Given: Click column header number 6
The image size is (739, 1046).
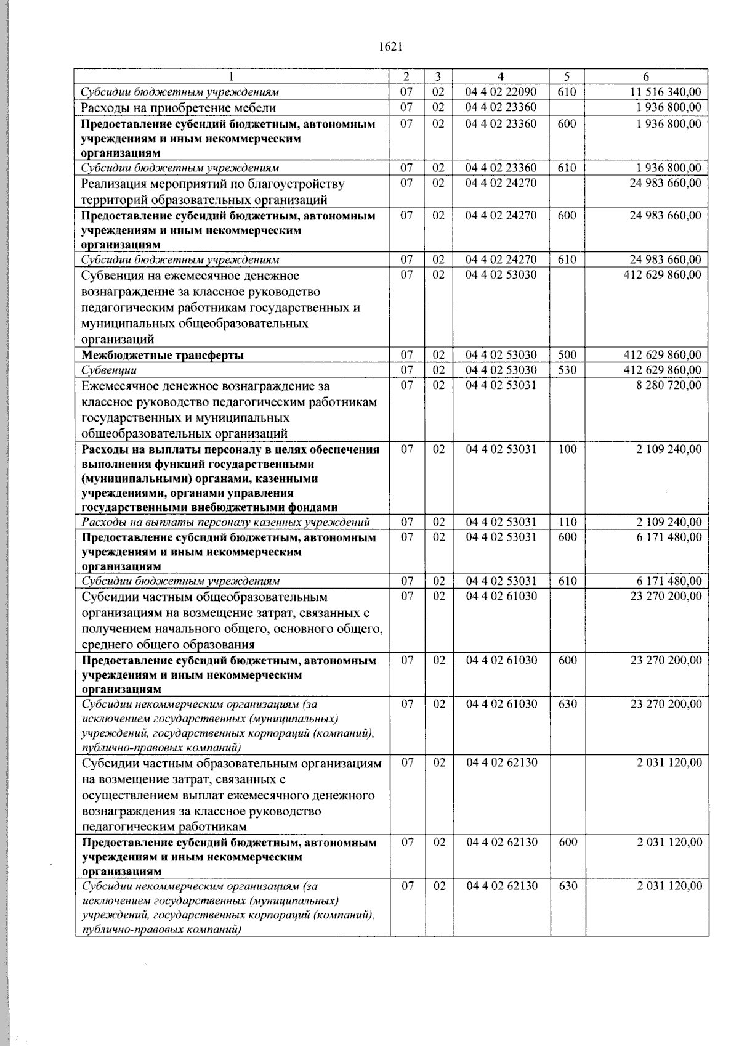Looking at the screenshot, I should coord(645,76).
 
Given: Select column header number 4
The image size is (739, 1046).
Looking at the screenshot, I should coord(500,76).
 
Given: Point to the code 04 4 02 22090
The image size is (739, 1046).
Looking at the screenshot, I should coord(501,92).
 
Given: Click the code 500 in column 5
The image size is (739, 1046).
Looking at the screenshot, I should coord(567,355).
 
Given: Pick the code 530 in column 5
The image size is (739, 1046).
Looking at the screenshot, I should coord(567,370).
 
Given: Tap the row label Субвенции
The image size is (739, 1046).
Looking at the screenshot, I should coord(109,370).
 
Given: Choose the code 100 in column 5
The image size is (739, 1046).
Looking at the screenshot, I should coord(567,449).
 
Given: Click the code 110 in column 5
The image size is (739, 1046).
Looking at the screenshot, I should coord(567,522).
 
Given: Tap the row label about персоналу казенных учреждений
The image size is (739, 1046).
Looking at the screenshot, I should coord(225,523).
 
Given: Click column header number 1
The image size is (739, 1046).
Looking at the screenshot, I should coord(232,76).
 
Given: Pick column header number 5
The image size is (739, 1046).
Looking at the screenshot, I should coord(567,76).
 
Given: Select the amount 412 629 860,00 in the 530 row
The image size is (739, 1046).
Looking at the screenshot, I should coord(662,370).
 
